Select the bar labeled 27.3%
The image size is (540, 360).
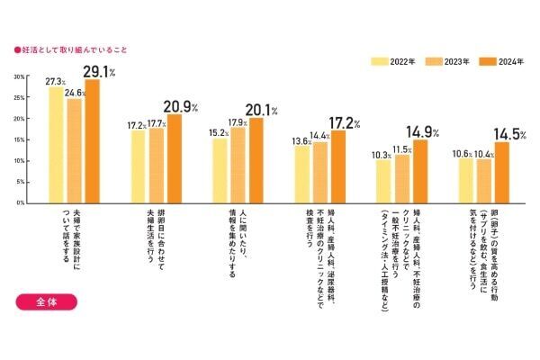pos(56,145)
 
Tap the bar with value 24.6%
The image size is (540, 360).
pos(75,150)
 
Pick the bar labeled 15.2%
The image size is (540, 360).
pos(220,170)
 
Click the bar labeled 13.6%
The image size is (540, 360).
pos(301,174)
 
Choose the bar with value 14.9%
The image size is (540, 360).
pos(420,171)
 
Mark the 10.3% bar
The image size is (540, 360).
pos(383,181)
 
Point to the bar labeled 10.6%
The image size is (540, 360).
pos(465,180)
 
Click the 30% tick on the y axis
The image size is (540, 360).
pos(19,76)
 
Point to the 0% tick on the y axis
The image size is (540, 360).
pos(21,202)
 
